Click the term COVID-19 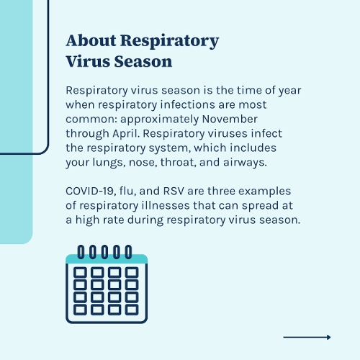pyautogui.click(x=92, y=192)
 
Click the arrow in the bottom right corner pyautogui.click(x=307, y=337)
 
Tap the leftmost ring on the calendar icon pyautogui.click(x=81, y=251)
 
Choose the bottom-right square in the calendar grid pyautogui.click(x=132, y=310)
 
